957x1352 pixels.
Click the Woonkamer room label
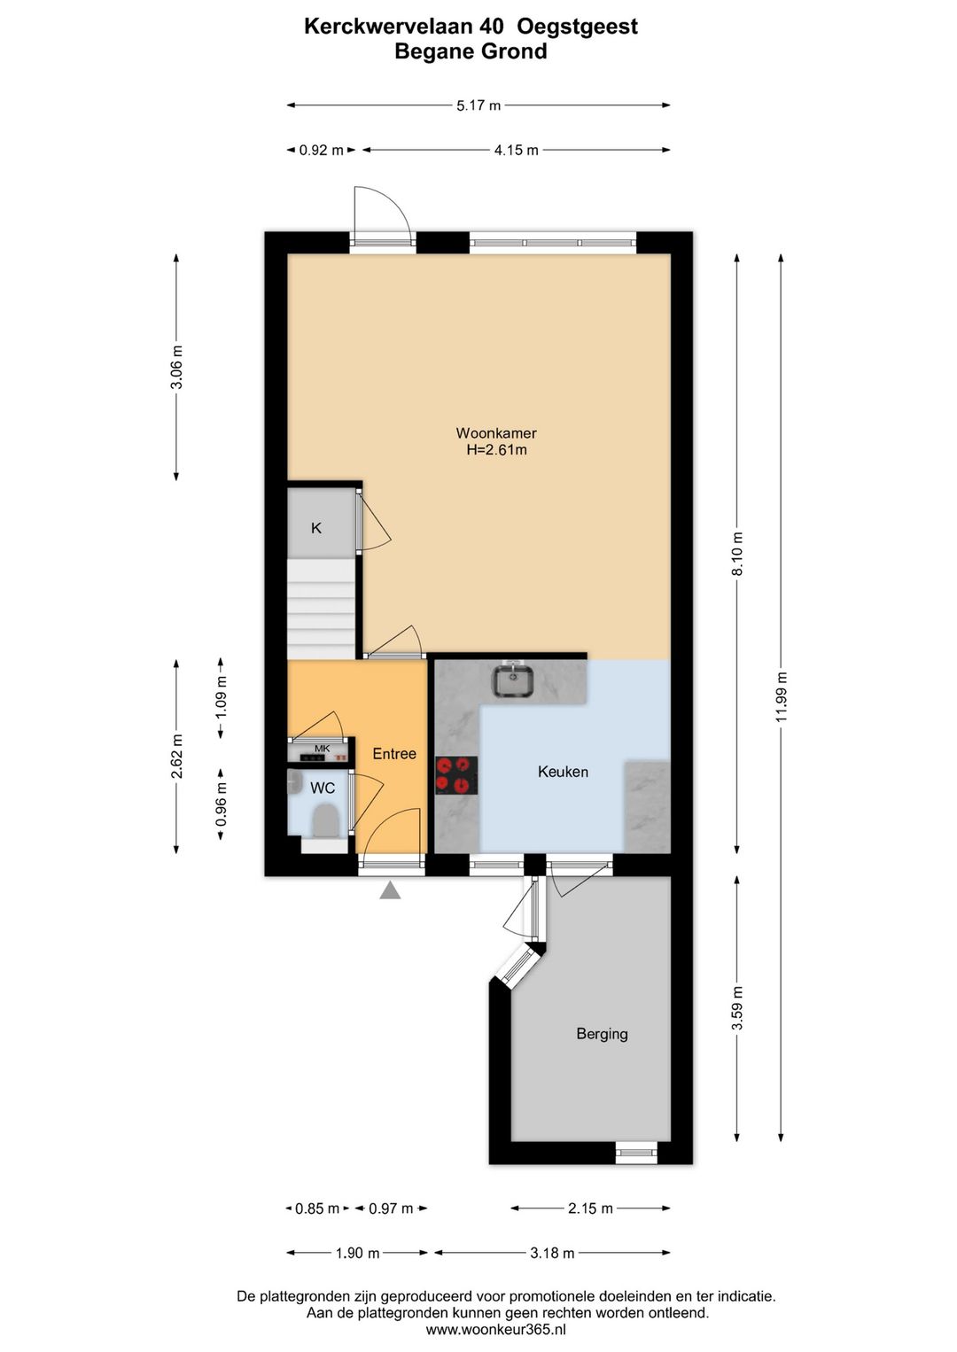[x=495, y=432]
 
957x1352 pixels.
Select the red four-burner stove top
[x=456, y=775]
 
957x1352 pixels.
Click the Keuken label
[x=563, y=772]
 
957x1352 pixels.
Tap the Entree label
[x=394, y=753]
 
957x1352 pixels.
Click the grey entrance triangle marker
[x=390, y=890]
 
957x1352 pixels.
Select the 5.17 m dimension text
[x=478, y=105]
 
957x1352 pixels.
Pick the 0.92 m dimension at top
[x=321, y=151]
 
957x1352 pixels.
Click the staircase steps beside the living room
[x=320, y=609]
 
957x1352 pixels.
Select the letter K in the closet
[x=315, y=528]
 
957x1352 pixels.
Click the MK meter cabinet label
[x=322, y=749]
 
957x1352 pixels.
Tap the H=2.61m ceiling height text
[x=496, y=450]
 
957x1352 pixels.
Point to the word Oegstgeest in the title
[x=577, y=27]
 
